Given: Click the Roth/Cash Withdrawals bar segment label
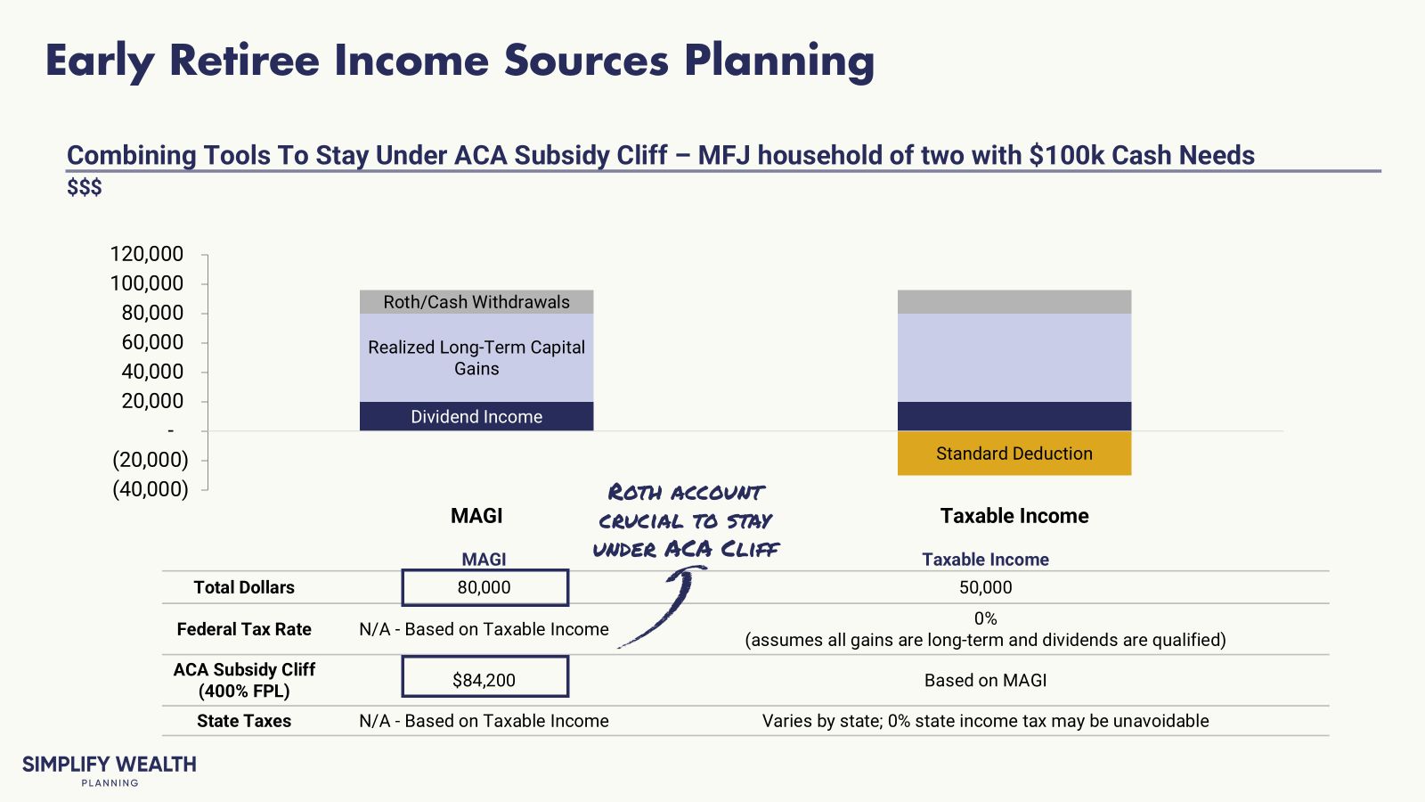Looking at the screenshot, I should pyautogui.click(x=476, y=302).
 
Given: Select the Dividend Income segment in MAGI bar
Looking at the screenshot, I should pyautogui.click(x=476, y=417).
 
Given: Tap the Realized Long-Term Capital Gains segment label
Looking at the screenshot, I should pyautogui.click(x=476, y=358).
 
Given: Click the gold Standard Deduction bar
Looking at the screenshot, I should pyautogui.click(x=1014, y=454).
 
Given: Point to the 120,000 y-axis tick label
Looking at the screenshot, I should pyautogui.click(x=147, y=254).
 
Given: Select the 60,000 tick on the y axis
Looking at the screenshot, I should pyautogui.click(x=152, y=342).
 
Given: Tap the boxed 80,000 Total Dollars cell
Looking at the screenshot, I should pyautogui.click(x=484, y=587).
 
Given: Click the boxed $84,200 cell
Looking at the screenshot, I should pyautogui.click(x=484, y=680).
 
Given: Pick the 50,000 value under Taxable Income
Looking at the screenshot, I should pyautogui.click(x=985, y=587).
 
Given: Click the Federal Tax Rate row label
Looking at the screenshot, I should pyautogui.click(x=244, y=629).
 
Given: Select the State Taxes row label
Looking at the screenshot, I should pyautogui.click(x=244, y=721).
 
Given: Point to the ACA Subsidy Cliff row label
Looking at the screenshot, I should pyautogui.click(x=244, y=680).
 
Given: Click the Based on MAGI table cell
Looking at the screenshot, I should pyautogui.click(x=985, y=680).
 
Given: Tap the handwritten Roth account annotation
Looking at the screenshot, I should pyautogui.click(x=686, y=521).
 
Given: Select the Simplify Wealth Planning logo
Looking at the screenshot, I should pyautogui.click(x=110, y=770).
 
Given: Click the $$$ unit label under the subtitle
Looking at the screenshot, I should pyautogui.click(x=85, y=187).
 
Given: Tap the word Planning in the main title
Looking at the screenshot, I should pyautogui.click(x=779, y=61).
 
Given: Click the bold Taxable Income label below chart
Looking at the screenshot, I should pyautogui.click(x=1014, y=516).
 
